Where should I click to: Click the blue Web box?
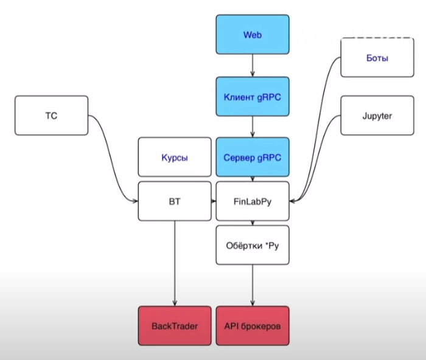pyautogui.click(x=253, y=35)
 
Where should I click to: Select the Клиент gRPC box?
pyautogui.click(x=253, y=97)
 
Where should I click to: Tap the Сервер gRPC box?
pyautogui.click(x=253, y=157)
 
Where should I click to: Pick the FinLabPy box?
pyautogui.click(x=253, y=201)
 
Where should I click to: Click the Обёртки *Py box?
pyautogui.click(x=253, y=244)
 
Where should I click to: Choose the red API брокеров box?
pyautogui.click(x=253, y=327)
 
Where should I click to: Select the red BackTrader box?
pyautogui.click(x=175, y=327)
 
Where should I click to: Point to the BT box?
pyautogui.click(x=175, y=201)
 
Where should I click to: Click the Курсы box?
pyautogui.click(x=175, y=157)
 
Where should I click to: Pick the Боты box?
pyautogui.click(x=377, y=58)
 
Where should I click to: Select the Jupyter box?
pyautogui.click(x=377, y=116)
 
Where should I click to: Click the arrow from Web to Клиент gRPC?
pyautogui.click(x=253, y=66)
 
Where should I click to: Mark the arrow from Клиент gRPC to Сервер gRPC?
pyautogui.click(x=253, y=127)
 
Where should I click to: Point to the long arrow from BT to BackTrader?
pyautogui.click(x=175, y=261)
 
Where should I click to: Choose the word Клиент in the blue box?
pyautogui.click(x=238, y=97)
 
